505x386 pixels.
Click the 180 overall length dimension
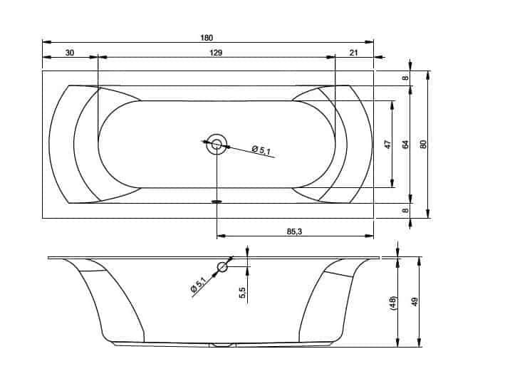tap(207, 38)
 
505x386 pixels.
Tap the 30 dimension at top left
tap(70, 53)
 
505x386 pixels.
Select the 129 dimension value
tap(216, 53)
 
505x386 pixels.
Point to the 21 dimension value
tap(353, 53)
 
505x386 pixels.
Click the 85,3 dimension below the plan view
tap(294, 231)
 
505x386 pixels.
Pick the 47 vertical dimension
tap(387, 144)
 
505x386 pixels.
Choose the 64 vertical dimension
tap(406, 145)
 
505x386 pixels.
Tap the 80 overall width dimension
tap(424, 144)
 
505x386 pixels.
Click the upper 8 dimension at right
tap(406, 78)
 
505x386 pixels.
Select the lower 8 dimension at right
tap(406, 211)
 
